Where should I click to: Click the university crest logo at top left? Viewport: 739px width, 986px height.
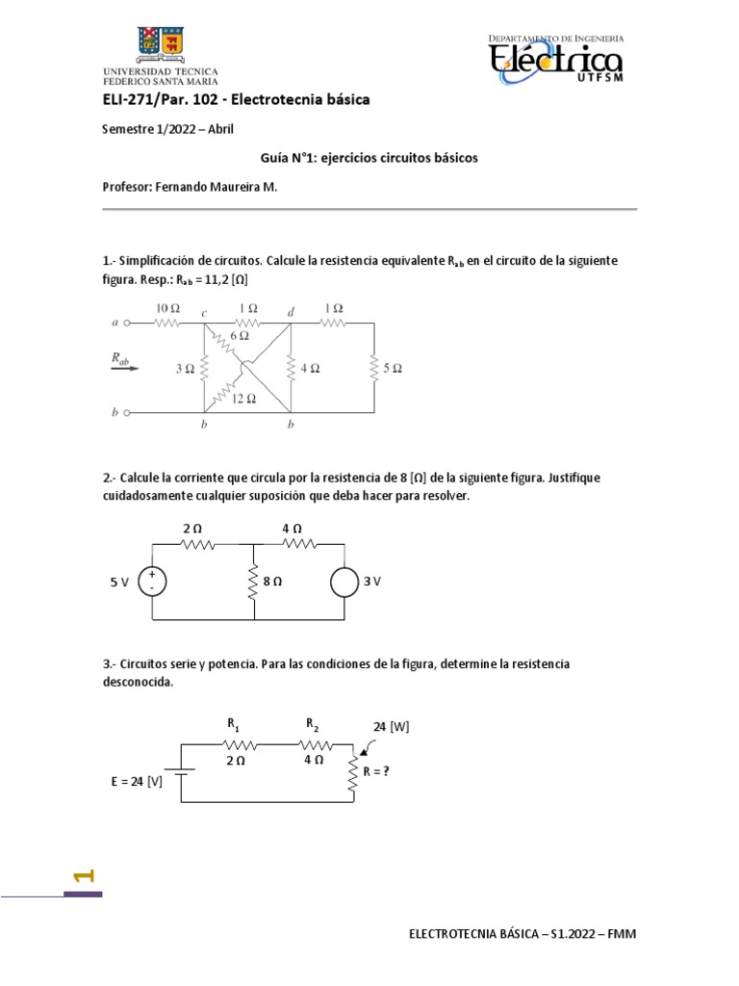click(x=160, y=41)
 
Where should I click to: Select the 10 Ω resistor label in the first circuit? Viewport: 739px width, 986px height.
click(x=166, y=307)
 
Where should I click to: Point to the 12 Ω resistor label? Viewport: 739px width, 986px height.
click(x=244, y=399)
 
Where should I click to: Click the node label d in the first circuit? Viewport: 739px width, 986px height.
click(x=292, y=312)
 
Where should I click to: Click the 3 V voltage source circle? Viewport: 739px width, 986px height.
click(x=344, y=582)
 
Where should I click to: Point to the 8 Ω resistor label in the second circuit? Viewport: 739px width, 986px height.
click(x=272, y=582)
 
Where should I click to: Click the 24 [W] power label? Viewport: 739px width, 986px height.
click(x=392, y=727)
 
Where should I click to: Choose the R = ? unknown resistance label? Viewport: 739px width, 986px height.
click(x=375, y=769)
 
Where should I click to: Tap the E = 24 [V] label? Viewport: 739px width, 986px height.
click(x=136, y=781)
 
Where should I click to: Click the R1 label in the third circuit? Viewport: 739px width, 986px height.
click(x=234, y=722)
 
